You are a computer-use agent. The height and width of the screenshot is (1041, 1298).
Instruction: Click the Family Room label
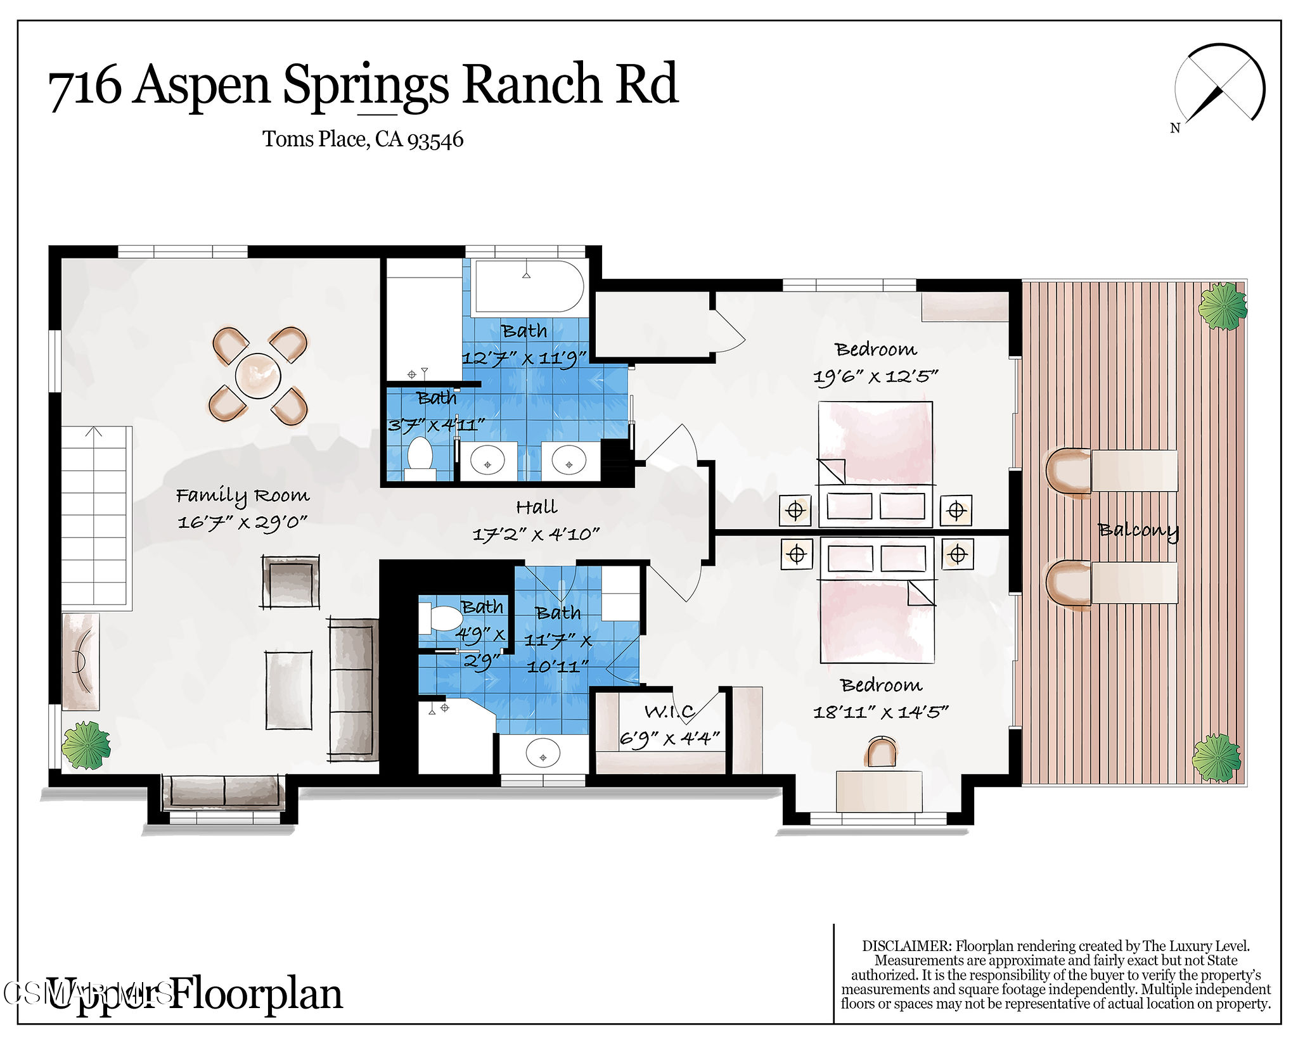coord(242,495)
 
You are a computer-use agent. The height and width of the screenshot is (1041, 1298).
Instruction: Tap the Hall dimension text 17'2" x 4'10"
coord(536,534)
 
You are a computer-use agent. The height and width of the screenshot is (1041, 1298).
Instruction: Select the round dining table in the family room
coord(258,375)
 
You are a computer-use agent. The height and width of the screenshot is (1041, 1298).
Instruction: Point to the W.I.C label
coord(669,712)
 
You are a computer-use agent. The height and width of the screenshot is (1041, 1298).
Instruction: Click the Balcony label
coord(1138,530)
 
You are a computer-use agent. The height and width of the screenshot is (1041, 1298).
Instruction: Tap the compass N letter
coord(1174,129)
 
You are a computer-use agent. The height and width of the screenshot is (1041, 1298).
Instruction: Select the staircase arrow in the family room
coord(94,433)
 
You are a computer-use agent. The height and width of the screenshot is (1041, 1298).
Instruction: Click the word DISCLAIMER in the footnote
coord(906,946)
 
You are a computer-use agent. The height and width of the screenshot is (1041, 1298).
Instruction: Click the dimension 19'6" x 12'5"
coord(875,377)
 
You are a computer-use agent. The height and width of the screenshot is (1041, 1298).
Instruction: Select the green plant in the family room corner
coord(86,746)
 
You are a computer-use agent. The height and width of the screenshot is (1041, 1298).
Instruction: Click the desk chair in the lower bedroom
coord(881,753)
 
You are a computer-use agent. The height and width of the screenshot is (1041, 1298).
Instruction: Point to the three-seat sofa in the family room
coord(353,689)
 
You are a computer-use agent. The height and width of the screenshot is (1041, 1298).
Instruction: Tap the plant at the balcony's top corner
coord(1222,306)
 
